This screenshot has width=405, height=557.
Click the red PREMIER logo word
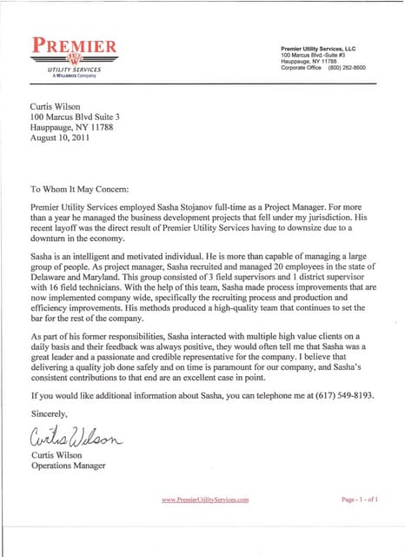74,44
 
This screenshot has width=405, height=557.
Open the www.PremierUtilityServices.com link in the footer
205,500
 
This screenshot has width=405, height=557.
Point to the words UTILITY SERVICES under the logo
74,69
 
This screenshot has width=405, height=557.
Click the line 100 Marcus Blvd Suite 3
74,116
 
